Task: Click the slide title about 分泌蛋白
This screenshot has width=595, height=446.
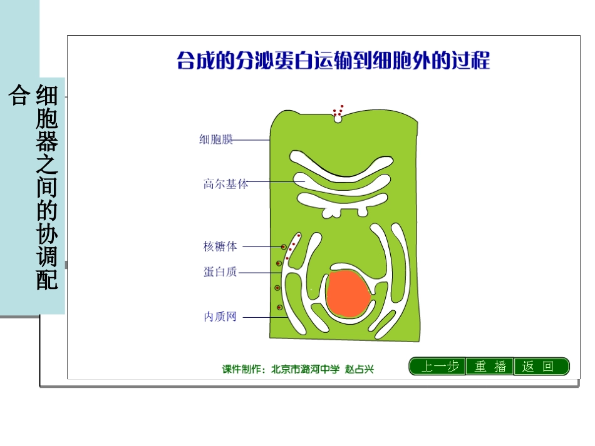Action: tap(333, 61)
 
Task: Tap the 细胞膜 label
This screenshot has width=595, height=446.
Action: tap(216, 139)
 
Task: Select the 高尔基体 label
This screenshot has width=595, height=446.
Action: tap(225, 184)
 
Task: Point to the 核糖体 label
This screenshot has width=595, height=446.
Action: tap(220, 246)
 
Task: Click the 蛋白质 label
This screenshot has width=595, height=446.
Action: tap(220, 272)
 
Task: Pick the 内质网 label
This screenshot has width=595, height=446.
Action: tap(220, 317)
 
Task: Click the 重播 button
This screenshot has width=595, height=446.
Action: tap(490, 367)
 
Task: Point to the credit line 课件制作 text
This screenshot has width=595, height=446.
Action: tap(298, 369)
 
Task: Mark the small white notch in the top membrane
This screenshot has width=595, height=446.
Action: tap(338, 118)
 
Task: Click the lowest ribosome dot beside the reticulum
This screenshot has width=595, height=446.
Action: tap(279, 307)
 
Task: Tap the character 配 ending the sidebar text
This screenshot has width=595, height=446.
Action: tap(48, 280)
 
